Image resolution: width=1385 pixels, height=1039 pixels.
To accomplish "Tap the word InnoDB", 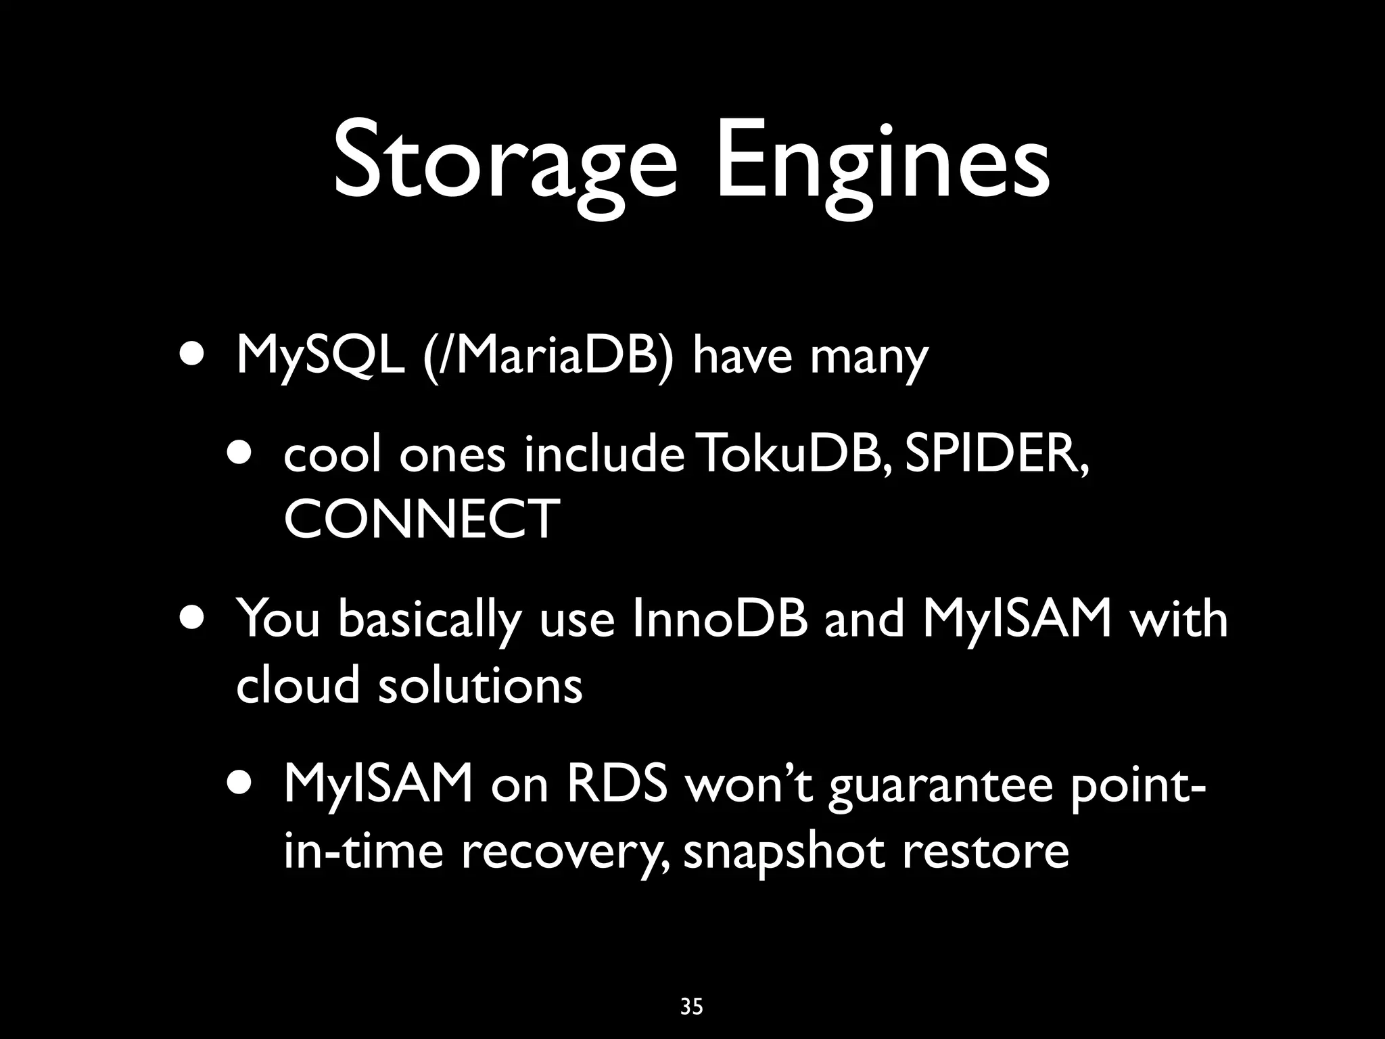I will [720, 619].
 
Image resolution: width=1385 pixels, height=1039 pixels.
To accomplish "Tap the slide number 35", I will [692, 1007].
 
